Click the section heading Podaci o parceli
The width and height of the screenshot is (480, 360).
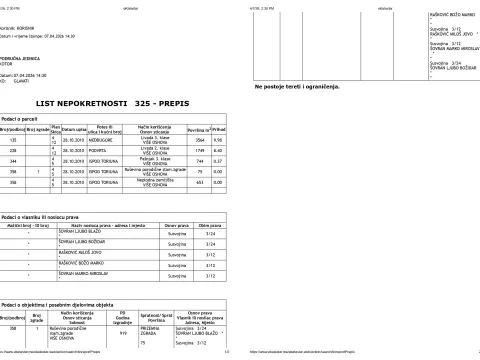[x=23, y=118]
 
